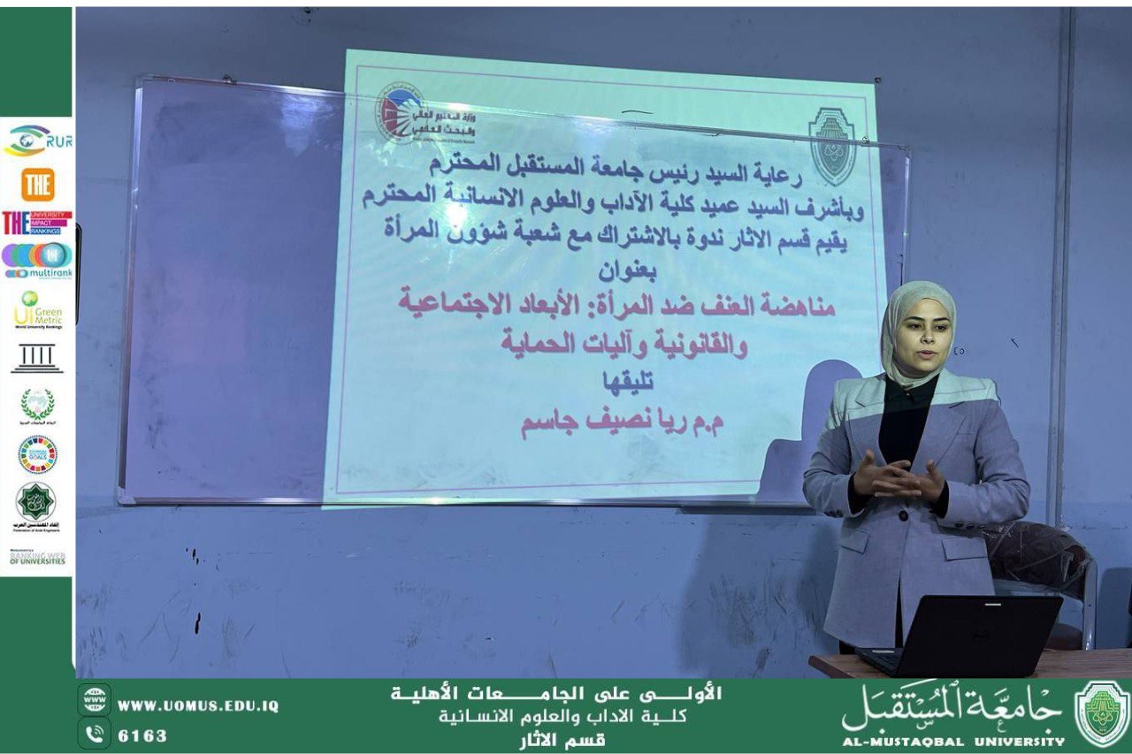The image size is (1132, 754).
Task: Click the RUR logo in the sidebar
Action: pos(37,140)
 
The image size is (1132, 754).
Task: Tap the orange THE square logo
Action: pos(37,185)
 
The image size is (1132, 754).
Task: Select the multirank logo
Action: pos(37,260)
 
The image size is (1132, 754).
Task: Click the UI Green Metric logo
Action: pos(37,310)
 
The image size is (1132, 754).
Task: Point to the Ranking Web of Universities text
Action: pos(37,558)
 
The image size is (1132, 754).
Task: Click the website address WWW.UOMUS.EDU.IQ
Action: pos(197,705)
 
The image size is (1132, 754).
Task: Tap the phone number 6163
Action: pos(142,735)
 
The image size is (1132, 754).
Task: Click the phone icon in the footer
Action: pos(95,734)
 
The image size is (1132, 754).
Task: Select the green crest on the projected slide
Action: pos(832,146)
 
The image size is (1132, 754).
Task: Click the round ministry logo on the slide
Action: pos(401,113)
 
